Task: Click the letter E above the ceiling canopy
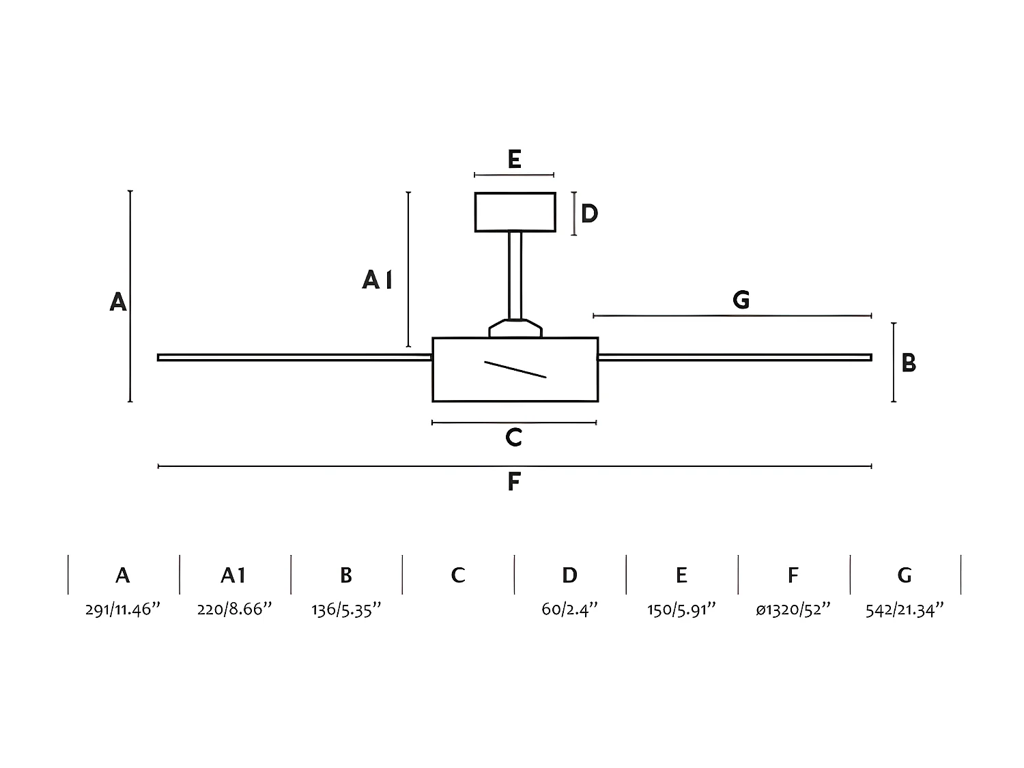pyautogui.click(x=514, y=160)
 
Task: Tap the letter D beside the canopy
pyautogui.click(x=589, y=214)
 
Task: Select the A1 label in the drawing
pyautogui.click(x=378, y=279)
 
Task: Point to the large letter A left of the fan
pyautogui.click(x=118, y=301)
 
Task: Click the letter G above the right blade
pyautogui.click(x=741, y=300)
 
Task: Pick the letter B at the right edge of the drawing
pyautogui.click(x=908, y=362)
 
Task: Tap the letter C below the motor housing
pyautogui.click(x=514, y=437)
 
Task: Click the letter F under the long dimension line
pyautogui.click(x=514, y=482)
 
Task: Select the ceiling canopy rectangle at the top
pyautogui.click(x=515, y=212)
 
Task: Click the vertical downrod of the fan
pyautogui.click(x=515, y=274)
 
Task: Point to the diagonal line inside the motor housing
pyautogui.click(x=515, y=369)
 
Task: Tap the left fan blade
pyautogui.click(x=294, y=357)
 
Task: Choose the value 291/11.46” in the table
pyautogui.click(x=123, y=609)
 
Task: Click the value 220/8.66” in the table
pyautogui.click(x=234, y=609)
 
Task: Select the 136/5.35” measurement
pyautogui.click(x=346, y=609)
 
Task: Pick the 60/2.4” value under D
pyautogui.click(x=569, y=609)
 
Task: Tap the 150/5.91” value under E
pyautogui.click(x=681, y=609)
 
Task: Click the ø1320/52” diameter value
pyautogui.click(x=793, y=609)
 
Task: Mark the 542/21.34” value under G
pyautogui.click(x=905, y=609)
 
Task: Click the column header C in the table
pyautogui.click(x=458, y=575)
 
